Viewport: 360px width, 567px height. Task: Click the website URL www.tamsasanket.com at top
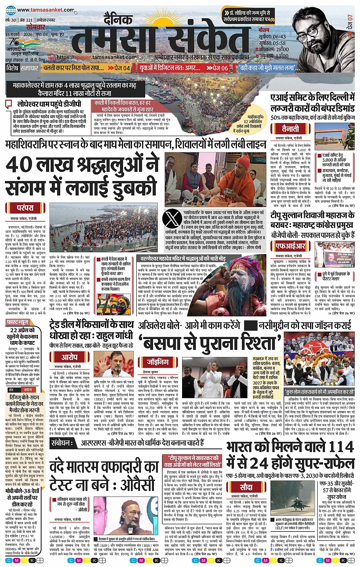(45, 10)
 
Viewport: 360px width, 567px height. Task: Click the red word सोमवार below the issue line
(35, 27)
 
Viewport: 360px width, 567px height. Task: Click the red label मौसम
(264, 30)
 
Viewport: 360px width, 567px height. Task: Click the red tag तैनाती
(290, 128)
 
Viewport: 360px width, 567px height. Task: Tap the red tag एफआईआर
(291, 246)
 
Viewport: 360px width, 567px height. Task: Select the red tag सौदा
(246, 487)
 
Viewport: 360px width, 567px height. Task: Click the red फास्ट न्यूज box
(18, 322)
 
